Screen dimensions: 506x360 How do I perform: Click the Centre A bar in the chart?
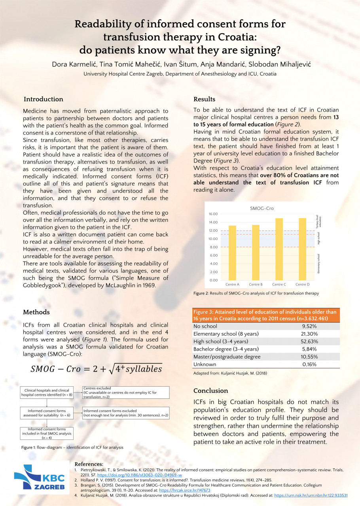[232, 253]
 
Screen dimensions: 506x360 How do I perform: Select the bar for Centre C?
[279, 249]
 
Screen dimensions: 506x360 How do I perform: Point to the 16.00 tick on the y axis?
[213, 214]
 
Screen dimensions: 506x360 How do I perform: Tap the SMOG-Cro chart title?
[262, 208]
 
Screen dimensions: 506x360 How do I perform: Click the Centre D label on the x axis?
[302, 285]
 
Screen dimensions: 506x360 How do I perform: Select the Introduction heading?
[43, 99]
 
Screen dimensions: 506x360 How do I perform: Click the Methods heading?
[37, 312]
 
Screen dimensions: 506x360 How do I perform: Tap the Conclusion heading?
[210, 391]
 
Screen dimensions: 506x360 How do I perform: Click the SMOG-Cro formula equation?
[96, 369]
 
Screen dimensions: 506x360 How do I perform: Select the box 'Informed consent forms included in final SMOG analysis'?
[47, 434]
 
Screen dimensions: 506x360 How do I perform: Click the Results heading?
[204, 99]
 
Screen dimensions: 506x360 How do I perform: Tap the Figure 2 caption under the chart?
[256, 293]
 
